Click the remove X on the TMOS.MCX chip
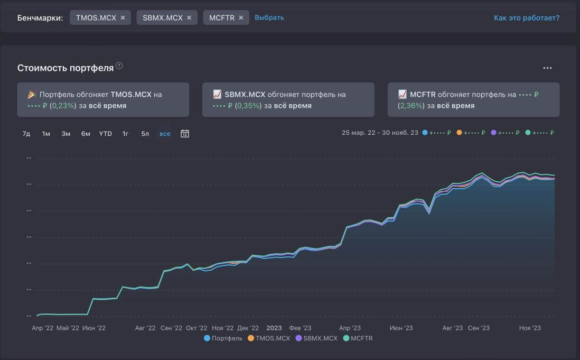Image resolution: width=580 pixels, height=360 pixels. (123, 18)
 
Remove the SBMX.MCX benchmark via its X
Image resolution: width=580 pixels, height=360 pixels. (189, 18)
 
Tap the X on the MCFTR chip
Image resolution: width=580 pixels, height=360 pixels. (241, 18)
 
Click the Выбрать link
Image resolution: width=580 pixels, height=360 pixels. (269, 18)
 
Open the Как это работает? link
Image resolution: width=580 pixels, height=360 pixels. (526, 18)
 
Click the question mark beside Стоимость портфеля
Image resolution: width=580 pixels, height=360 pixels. (119, 66)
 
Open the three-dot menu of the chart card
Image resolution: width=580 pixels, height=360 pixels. (547, 68)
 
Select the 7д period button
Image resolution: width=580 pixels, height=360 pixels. (26, 134)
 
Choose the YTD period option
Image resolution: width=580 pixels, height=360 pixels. (106, 134)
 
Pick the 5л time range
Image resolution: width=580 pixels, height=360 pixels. (145, 134)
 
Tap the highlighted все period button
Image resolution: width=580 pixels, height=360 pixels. (165, 134)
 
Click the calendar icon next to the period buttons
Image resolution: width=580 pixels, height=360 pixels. (185, 134)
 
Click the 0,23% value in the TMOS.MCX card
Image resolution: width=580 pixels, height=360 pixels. (63, 106)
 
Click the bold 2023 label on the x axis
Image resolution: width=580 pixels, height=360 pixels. (274, 328)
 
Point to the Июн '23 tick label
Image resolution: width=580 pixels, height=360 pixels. (401, 328)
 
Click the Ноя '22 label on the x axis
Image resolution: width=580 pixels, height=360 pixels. (223, 328)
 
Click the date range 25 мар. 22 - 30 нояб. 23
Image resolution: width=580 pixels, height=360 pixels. (380, 133)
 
